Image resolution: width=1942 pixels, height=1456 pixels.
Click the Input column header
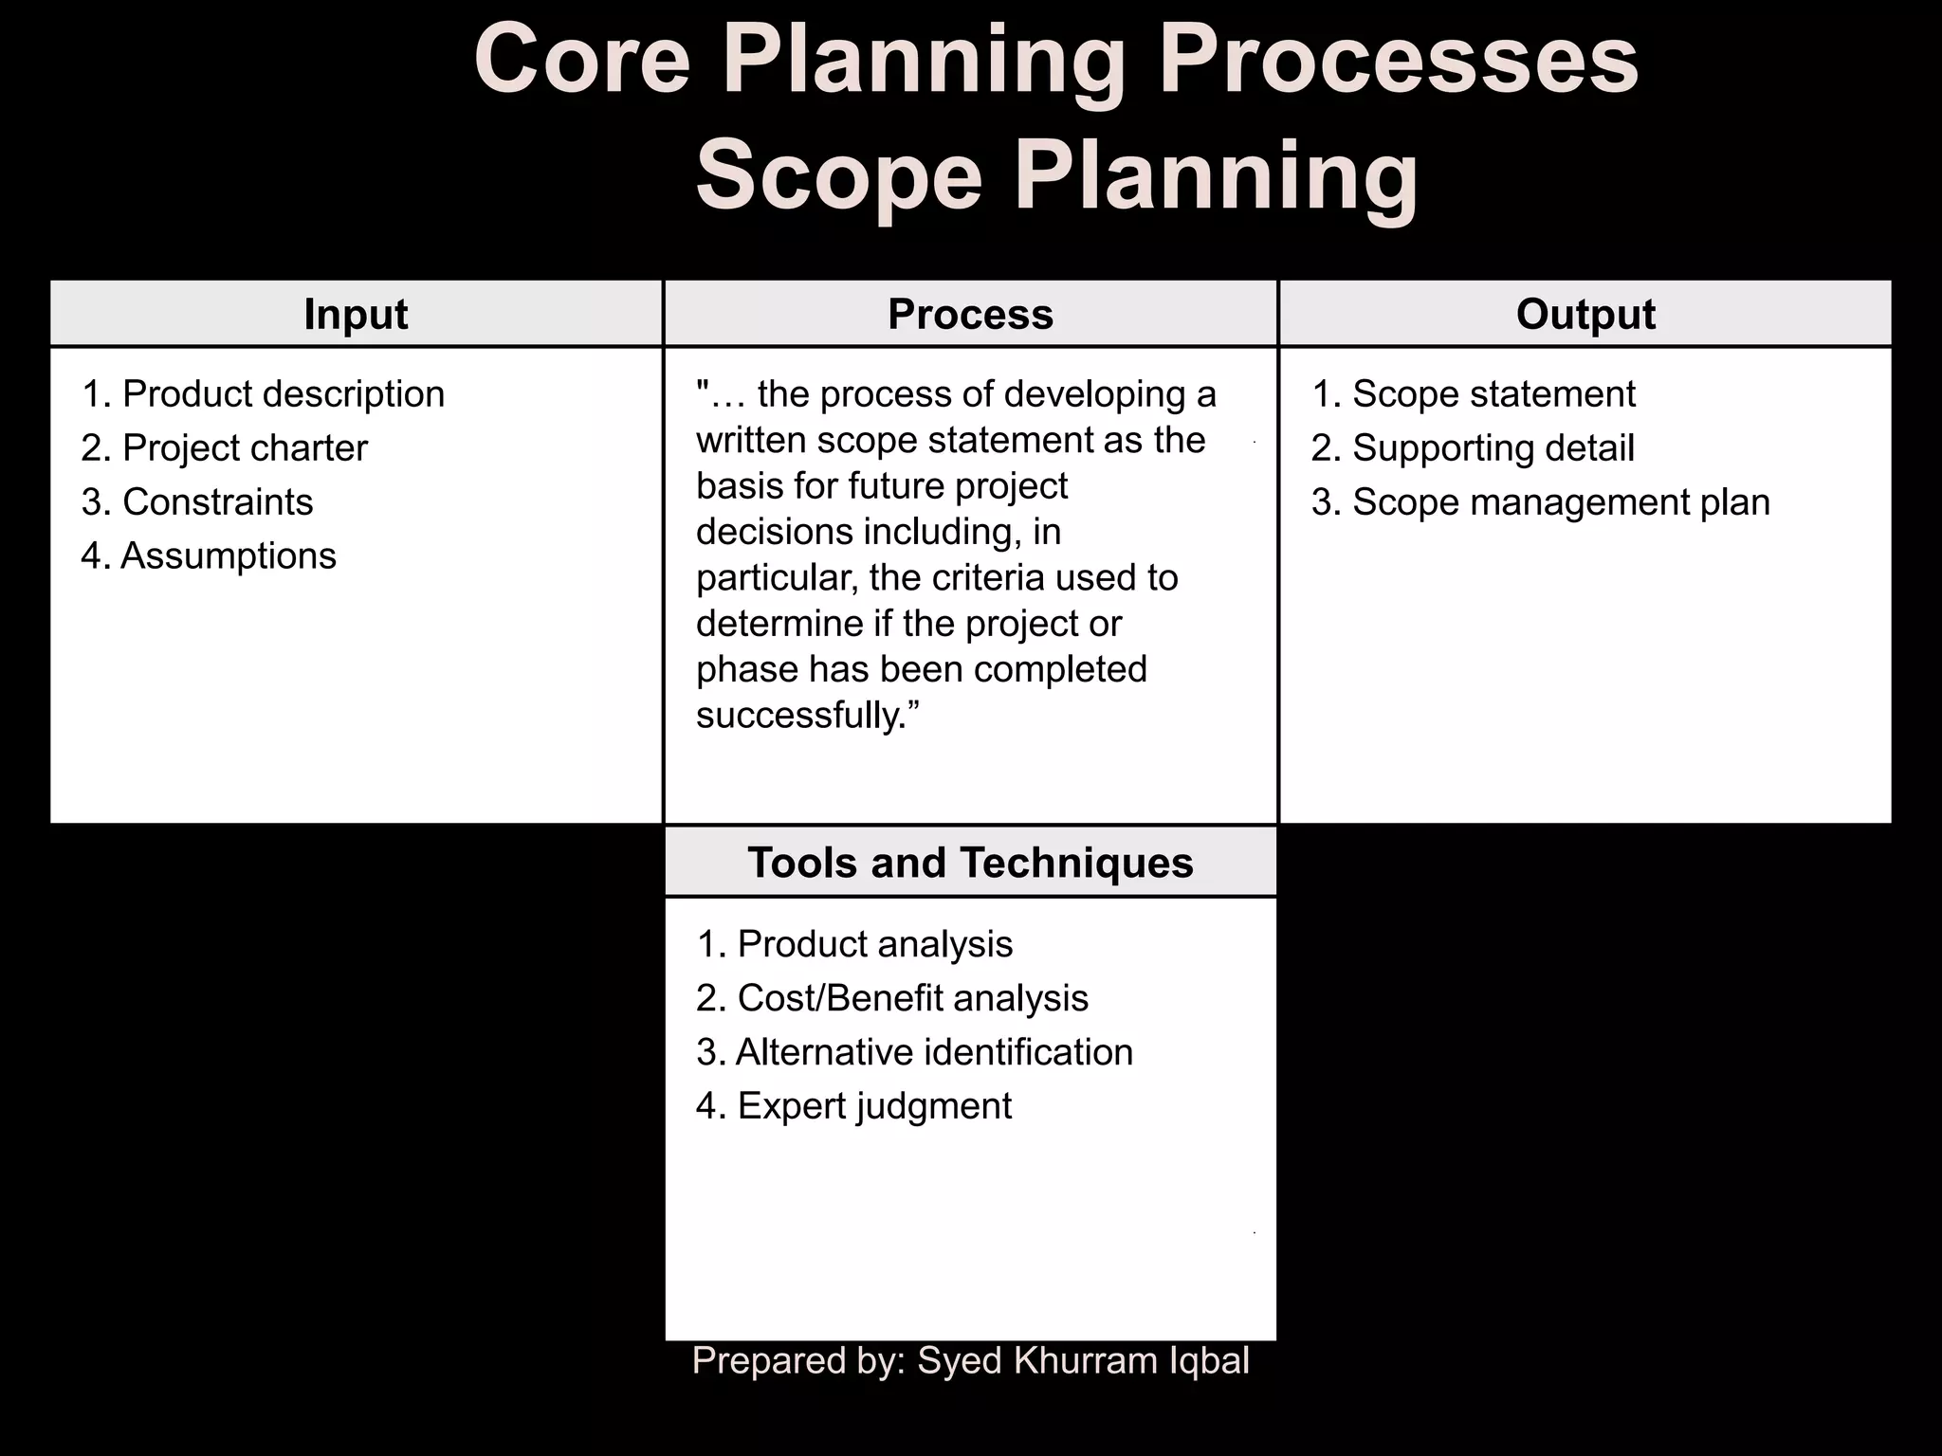tap(356, 315)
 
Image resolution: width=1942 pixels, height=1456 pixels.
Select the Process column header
tap(970, 315)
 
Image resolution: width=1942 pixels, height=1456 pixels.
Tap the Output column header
tap(1585, 315)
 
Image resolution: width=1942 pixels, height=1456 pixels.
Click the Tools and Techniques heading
tap(970, 863)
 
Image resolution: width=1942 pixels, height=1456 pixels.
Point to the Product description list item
tap(264, 394)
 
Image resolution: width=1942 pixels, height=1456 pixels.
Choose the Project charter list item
tap(225, 448)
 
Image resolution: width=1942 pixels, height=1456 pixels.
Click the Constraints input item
tap(197, 502)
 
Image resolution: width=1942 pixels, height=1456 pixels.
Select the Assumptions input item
tap(209, 556)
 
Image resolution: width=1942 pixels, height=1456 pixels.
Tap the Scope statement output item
tap(1474, 394)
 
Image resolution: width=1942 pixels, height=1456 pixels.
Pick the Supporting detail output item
tap(1473, 448)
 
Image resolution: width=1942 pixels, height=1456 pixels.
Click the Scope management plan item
tap(1541, 502)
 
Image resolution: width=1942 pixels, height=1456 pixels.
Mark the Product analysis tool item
tap(854, 944)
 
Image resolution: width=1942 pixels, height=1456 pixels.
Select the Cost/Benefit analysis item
tap(892, 998)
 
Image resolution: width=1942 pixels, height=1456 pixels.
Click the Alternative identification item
tap(914, 1052)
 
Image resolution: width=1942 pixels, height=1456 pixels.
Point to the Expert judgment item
tap(854, 1106)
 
